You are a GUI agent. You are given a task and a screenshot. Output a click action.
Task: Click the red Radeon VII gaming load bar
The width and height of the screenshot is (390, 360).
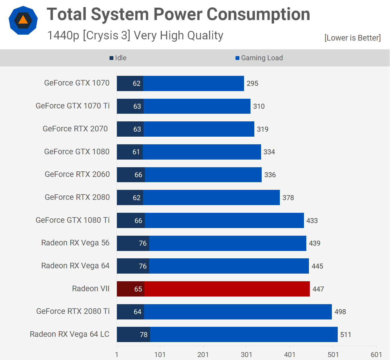tap(227, 289)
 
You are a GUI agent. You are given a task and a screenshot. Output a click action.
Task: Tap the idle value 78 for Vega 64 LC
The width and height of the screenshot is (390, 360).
tap(143, 335)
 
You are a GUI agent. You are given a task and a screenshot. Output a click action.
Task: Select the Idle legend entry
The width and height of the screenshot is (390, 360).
tap(118, 58)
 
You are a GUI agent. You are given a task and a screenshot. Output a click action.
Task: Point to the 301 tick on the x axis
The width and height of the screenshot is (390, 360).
tap(246, 354)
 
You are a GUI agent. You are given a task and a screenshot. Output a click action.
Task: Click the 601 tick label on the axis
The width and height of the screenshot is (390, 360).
tap(376, 354)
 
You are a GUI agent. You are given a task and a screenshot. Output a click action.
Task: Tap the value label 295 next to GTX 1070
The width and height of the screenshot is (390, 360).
tap(252, 83)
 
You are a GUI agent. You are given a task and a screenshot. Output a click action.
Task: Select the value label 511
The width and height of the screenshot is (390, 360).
tap(346, 335)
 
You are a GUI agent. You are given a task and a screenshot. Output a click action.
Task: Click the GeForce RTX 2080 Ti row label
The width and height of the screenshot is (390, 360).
tap(73, 311)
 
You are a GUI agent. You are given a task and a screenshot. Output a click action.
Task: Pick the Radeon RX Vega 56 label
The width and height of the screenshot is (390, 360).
tap(75, 243)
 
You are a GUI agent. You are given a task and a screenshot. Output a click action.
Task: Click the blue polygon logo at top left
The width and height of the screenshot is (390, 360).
tap(23, 20)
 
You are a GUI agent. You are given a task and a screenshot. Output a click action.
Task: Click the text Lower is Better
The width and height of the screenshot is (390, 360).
tap(352, 38)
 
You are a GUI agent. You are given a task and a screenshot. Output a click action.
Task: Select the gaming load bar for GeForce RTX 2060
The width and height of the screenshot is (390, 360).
tap(203, 175)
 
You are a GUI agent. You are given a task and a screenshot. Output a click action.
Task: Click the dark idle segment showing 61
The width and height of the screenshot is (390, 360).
tap(130, 152)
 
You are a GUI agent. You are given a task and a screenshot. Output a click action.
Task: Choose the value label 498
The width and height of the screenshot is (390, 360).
tap(340, 312)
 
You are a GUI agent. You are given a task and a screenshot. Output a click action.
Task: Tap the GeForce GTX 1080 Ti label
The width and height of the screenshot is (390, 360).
tap(73, 220)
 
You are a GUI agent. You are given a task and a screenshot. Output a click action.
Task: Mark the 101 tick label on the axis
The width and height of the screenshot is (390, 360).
tap(160, 354)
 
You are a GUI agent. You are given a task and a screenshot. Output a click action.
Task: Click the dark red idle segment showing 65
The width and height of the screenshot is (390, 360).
tap(130, 289)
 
